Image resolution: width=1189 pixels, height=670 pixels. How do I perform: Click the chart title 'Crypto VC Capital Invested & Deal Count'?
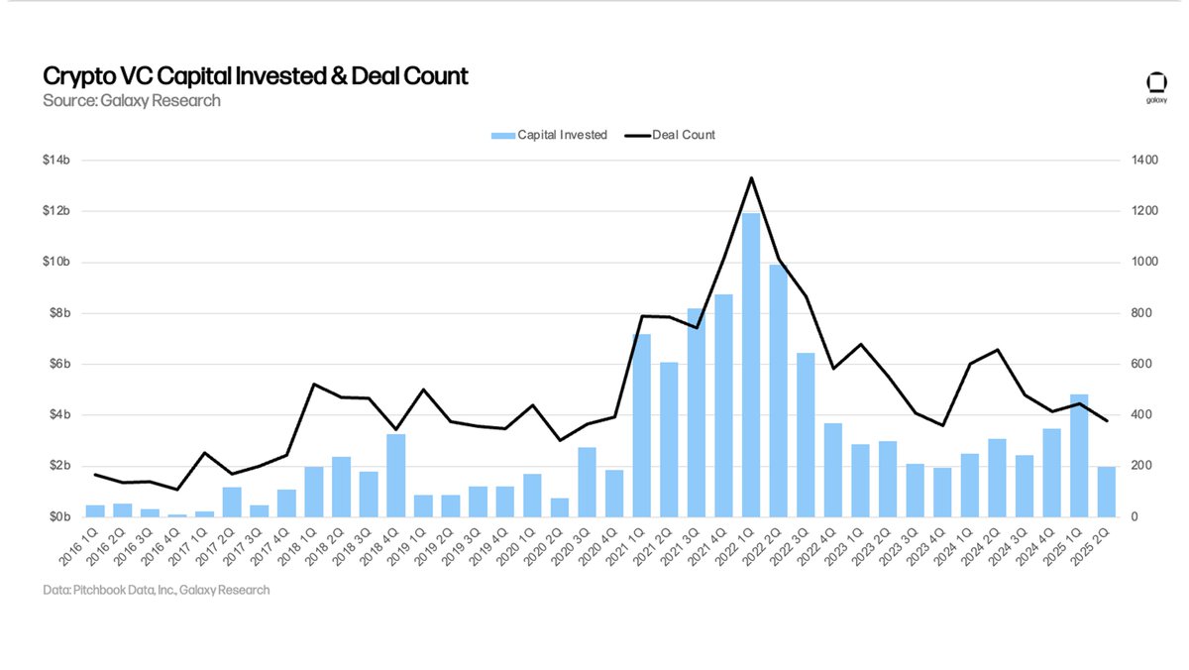tap(255, 76)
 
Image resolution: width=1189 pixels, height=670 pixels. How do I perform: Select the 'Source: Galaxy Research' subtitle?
tap(131, 101)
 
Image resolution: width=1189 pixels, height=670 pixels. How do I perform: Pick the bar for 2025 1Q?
tap(1079, 455)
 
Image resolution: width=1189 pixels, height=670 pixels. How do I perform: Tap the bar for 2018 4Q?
tap(395, 475)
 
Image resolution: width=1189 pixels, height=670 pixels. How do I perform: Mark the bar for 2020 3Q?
tap(587, 482)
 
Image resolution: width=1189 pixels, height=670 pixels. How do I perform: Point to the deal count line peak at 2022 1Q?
tap(751, 178)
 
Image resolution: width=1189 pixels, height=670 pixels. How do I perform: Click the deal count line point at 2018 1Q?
tap(313, 384)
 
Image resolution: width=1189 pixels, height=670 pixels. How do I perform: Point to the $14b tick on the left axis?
tap(56, 161)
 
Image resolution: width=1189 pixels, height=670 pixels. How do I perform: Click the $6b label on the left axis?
tap(58, 364)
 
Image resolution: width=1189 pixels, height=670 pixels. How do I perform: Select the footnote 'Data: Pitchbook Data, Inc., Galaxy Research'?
tap(156, 590)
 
